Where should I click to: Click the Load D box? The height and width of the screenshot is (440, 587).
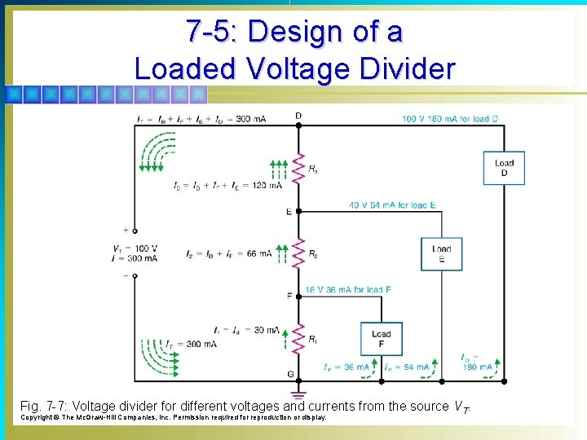[x=504, y=169]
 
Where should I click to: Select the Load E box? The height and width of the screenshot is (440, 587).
[x=441, y=253]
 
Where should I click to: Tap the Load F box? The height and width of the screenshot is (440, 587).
[x=381, y=338]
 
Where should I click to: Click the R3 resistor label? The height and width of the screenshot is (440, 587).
[x=313, y=169]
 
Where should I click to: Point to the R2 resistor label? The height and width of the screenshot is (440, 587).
[x=313, y=254]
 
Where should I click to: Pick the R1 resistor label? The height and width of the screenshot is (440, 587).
[x=313, y=339]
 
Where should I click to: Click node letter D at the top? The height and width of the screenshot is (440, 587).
[x=298, y=116]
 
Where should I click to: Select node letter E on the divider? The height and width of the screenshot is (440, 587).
[x=289, y=212]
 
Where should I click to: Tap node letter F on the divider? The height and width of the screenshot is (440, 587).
[x=289, y=296]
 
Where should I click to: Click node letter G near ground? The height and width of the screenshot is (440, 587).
[x=289, y=375]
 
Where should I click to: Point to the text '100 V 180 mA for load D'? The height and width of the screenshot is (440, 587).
[x=449, y=119]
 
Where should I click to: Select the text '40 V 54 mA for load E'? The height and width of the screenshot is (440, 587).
[x=391, y=205]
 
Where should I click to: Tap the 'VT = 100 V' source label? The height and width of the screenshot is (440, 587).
[x=136, y=249]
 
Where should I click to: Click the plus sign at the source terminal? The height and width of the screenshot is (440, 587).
[x=126, y=231]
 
